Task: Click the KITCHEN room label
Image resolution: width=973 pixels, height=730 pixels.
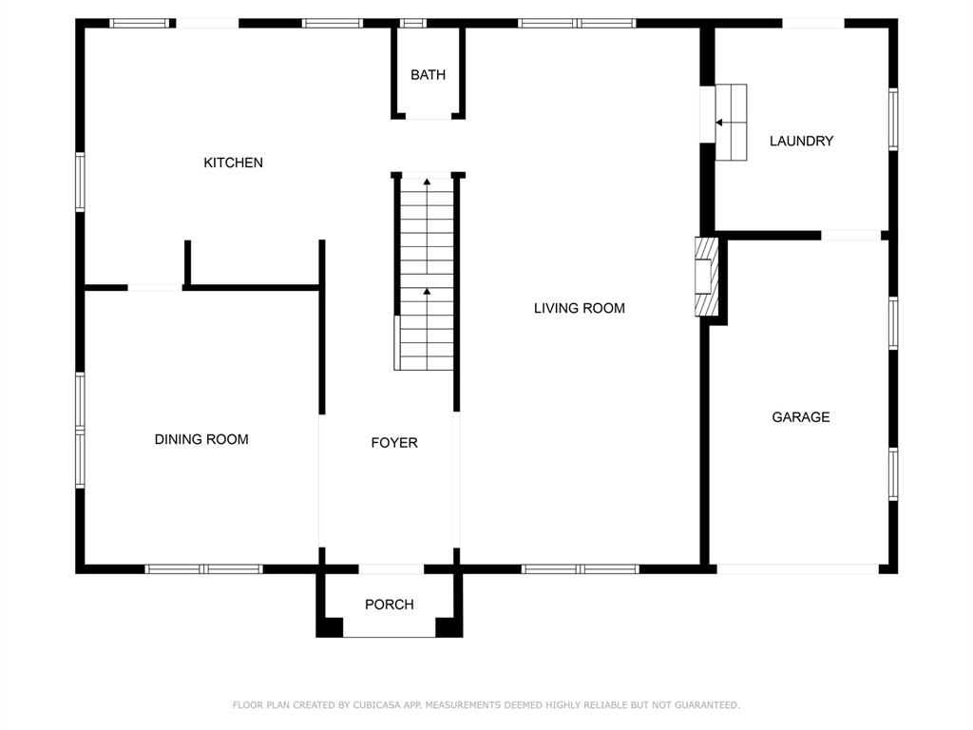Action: (233, 163)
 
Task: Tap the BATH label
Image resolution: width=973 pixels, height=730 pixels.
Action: (428, 75)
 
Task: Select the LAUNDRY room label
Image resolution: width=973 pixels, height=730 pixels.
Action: (801, 141)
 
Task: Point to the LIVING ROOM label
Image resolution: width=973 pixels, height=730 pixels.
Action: (579, 308)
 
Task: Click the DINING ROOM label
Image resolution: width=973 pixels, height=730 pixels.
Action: (201, 439)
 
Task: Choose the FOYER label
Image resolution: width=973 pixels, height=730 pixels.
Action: (393, 443)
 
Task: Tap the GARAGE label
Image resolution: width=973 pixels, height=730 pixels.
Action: (800, 417)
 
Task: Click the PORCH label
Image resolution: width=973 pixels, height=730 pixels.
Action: (390, 605)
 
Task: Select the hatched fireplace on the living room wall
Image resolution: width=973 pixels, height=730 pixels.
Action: (706, 277)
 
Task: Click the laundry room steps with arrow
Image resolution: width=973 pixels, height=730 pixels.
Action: (730, 122)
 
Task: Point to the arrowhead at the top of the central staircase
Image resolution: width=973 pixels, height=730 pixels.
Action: (427, 180)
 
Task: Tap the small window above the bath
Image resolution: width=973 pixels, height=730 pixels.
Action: (413, 23)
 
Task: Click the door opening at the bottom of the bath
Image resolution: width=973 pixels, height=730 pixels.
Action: (429, 117)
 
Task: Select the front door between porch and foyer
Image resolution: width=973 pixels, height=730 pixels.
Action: (391, 569)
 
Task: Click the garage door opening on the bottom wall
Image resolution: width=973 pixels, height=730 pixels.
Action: (797, 569)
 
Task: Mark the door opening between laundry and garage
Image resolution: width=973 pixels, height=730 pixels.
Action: (850, 235)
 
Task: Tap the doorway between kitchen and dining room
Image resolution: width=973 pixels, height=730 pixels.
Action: (155, 287)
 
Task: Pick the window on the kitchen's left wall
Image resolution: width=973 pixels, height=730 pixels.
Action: (81, 182)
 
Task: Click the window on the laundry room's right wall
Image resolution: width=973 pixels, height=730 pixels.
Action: (892, 119)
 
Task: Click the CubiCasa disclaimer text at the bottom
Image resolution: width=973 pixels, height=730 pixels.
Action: (486, 705)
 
